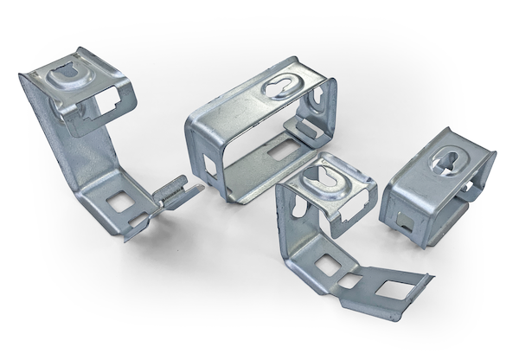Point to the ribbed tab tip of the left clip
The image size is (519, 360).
point(177,186)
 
